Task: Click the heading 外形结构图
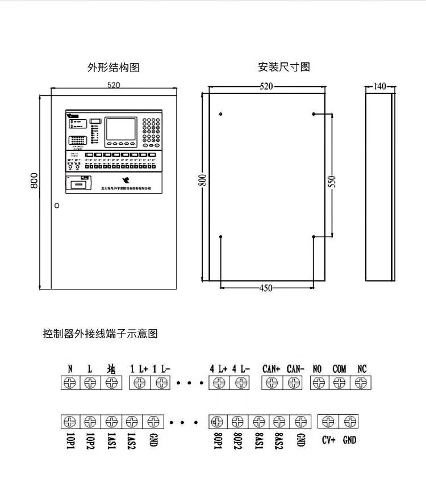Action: (113, 68)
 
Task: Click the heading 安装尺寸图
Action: (284, 67)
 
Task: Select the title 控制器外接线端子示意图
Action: (100, 334)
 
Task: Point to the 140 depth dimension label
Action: (379, 86)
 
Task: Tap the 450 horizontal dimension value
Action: (266, 288)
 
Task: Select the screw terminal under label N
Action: (70, 383)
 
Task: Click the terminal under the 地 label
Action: (111, 383)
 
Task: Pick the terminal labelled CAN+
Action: (272, 383)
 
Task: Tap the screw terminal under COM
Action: (339, 383)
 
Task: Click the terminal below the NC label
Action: (361, 383)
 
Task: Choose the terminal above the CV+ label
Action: (328, 422)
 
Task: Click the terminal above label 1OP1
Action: (70, 422)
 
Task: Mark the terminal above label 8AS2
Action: (279, 422)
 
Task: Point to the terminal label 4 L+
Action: (218, 369)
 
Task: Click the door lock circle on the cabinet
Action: (56, 205)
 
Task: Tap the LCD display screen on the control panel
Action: (122, 129)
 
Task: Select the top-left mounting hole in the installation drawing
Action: (220, 115)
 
